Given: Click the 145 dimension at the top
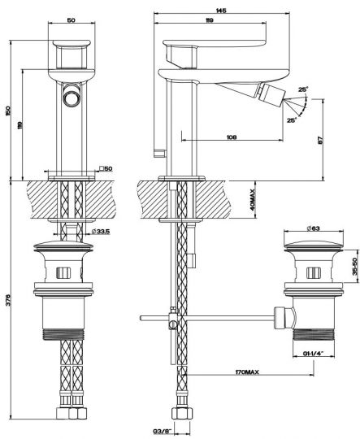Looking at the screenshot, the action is [x=221, y=11].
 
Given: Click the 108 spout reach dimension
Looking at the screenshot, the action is [x=232, y=137].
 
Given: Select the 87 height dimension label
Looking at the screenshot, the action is [x=321, y=141].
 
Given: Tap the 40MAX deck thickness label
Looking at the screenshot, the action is [x=253, y=200].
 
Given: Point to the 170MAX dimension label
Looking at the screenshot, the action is [x=247, y=372].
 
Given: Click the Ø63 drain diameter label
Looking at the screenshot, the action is [x=313, y=228].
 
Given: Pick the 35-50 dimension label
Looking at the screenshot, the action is [x=355, y=266].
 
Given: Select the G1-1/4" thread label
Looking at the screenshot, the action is [x=313, y=354].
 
